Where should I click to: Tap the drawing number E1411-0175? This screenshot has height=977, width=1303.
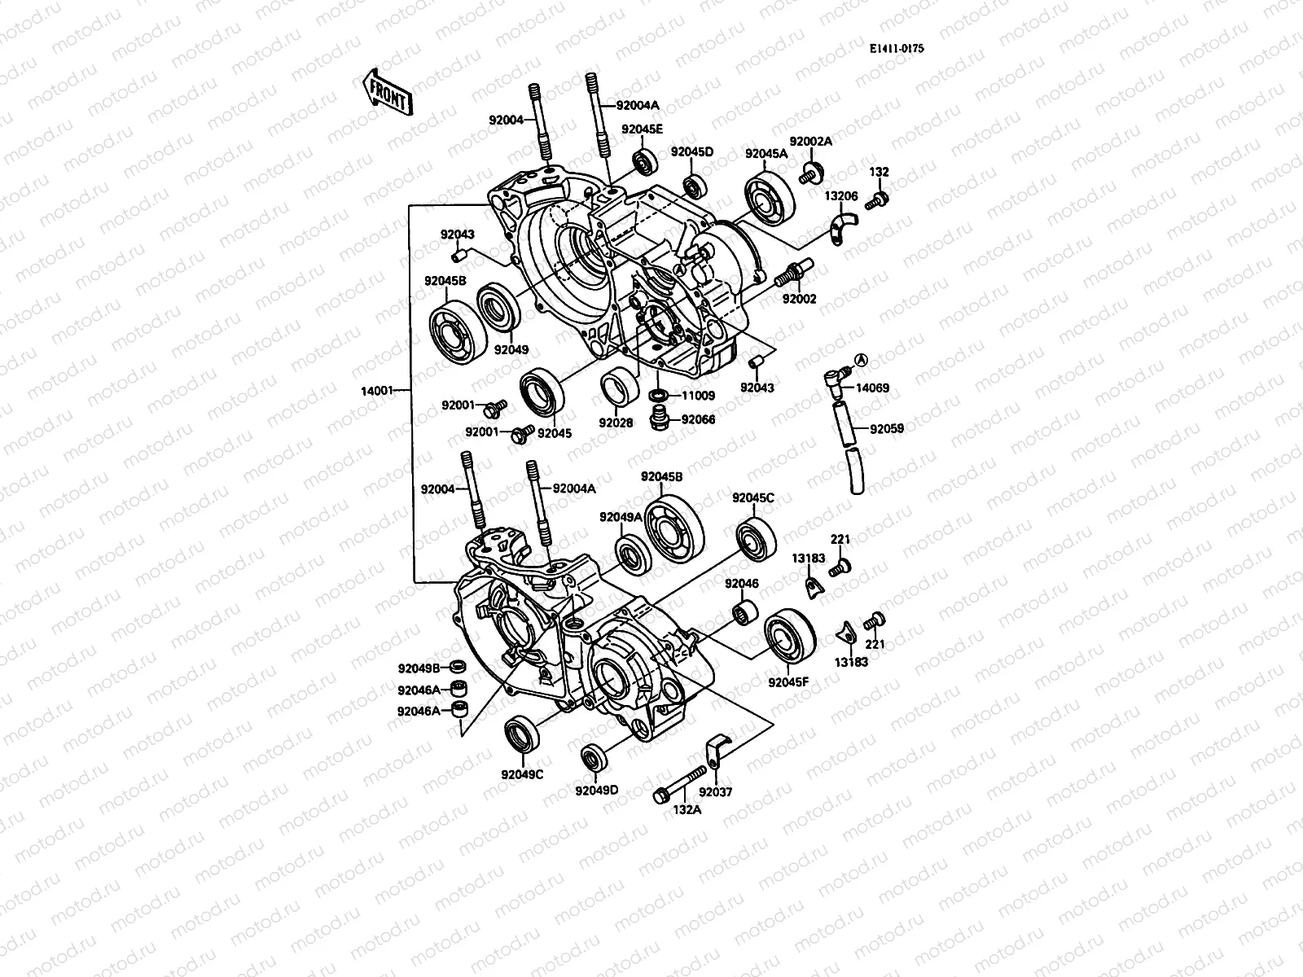896,49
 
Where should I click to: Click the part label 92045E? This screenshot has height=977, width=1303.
643,129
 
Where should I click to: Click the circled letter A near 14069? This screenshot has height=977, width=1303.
862,359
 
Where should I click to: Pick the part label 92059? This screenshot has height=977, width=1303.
886,428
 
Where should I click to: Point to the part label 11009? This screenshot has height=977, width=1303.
698,396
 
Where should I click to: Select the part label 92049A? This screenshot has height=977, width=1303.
621,517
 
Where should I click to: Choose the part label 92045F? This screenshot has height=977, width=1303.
788,682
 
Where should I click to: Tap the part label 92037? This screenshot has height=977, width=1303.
716,791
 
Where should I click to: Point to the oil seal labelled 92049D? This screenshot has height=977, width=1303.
594,758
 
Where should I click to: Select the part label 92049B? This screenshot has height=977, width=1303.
419,668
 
